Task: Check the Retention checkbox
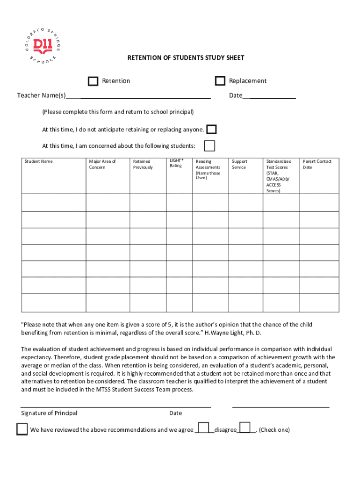(x=93, y=81)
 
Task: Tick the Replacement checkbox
(x=220, y=81)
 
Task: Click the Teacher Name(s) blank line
(x=145, y=96)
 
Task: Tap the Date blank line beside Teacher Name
(x=273, y=96)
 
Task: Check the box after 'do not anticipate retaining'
(x=211, y=130)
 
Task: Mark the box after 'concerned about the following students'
(x=209, y=146)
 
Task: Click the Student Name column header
(x=39, y=161)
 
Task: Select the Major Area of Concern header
(x=102, y=164)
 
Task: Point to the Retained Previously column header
(x=143, y=164)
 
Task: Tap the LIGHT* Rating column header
(x=176, y=163)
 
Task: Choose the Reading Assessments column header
(x=208, y=170)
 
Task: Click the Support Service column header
(x=239, y=164)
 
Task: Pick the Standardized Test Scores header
(x=279, y=176)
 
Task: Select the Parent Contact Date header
(x=317, y=164)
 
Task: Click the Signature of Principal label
(x=49, y=413)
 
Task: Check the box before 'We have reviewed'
(x=22, y=429)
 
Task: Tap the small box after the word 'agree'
(x=203, y=428)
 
